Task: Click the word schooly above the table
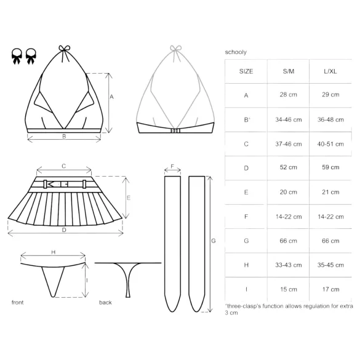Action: pos(236,53)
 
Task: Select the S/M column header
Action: pos(287,71)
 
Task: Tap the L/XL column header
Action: pos(330,71)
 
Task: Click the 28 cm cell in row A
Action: pos(287,95)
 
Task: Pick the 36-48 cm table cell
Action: pos(330,119)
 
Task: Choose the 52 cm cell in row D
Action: pos(287,167)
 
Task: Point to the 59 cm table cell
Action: pos(330,167)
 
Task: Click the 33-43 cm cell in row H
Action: pos(287,265)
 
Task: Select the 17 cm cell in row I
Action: pos(330,289)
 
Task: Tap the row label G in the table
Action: pos(246,241)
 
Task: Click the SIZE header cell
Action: pos(246,71)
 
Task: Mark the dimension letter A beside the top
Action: pos(111,97)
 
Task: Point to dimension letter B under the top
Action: pos(64,137)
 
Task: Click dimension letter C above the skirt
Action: pos(64,166)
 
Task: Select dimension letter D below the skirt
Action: pos(64,230)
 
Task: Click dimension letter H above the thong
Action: pos(53,252)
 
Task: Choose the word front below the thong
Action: pos(18,303)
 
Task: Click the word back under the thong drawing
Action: pos(105,303)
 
